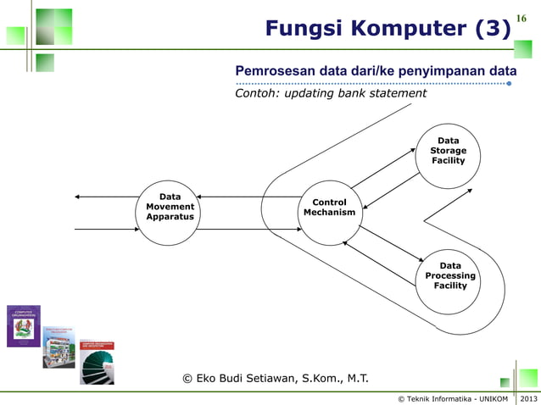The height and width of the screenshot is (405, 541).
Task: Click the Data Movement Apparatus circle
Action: point(170,212)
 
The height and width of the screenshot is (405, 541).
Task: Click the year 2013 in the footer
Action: point(528,398)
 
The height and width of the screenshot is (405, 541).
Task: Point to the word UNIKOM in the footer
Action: point(491,398)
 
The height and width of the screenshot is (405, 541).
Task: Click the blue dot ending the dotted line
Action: point(509,84)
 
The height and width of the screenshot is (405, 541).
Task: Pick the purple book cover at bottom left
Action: point(24,326)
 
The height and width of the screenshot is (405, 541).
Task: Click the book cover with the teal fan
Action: point(97,363)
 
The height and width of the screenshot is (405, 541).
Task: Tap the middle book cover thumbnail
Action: point(59,345)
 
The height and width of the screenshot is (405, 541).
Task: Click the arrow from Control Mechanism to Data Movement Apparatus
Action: point(251,197)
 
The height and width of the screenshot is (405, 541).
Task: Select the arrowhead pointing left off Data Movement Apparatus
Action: point(78,197)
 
